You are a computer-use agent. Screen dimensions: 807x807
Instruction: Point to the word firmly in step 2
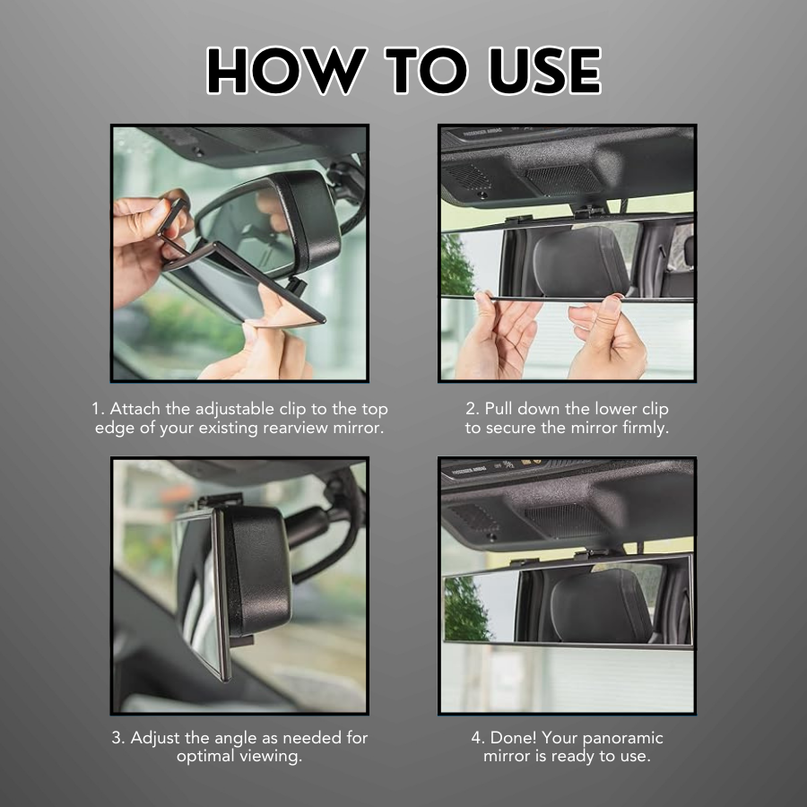643,428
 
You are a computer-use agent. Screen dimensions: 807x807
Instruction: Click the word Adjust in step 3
160,738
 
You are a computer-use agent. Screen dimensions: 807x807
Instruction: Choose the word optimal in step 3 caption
208,756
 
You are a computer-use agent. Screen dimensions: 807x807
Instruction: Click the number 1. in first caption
98,409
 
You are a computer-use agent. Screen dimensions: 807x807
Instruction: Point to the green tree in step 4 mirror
464,610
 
